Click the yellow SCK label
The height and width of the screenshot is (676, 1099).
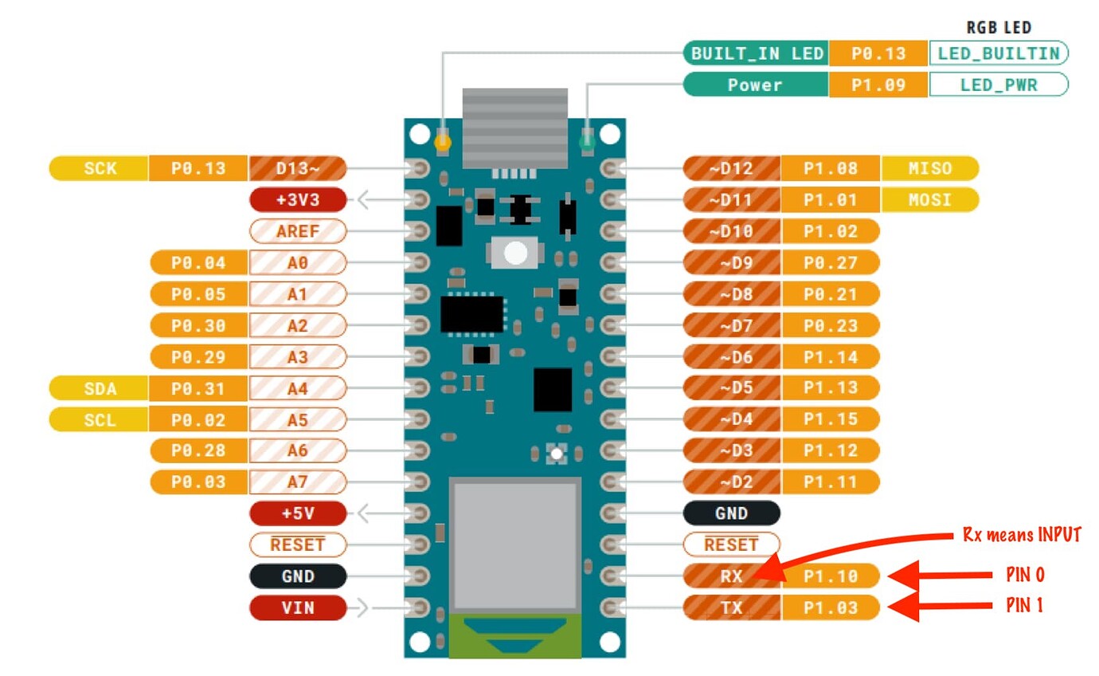point(99,168)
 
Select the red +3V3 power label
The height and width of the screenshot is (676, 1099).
point(297,199)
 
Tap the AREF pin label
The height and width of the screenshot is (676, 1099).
point(297,231)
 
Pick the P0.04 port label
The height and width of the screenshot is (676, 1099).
point(199,262)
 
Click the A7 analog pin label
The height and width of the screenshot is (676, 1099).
point(297,481)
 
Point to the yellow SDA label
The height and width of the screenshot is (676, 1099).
point(99,388)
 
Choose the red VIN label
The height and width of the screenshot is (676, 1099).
point(297,607)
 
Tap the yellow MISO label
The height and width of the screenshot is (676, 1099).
point(929,168)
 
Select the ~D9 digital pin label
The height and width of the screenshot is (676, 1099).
point(731,262)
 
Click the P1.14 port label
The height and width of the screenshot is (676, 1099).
point(830,356)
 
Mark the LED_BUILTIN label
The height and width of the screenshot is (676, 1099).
point(998,53)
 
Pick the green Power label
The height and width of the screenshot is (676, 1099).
point(755,84)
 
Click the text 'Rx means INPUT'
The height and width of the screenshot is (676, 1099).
point(1021,535)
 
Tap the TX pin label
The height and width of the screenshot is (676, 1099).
point(731,607)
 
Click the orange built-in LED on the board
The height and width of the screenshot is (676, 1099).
point(443,143)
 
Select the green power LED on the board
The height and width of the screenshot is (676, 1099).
point(588,143)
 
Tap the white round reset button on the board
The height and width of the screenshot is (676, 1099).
point(516,253)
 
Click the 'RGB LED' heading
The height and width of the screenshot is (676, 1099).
point(999,28)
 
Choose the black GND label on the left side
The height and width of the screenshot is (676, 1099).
point(297,576)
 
